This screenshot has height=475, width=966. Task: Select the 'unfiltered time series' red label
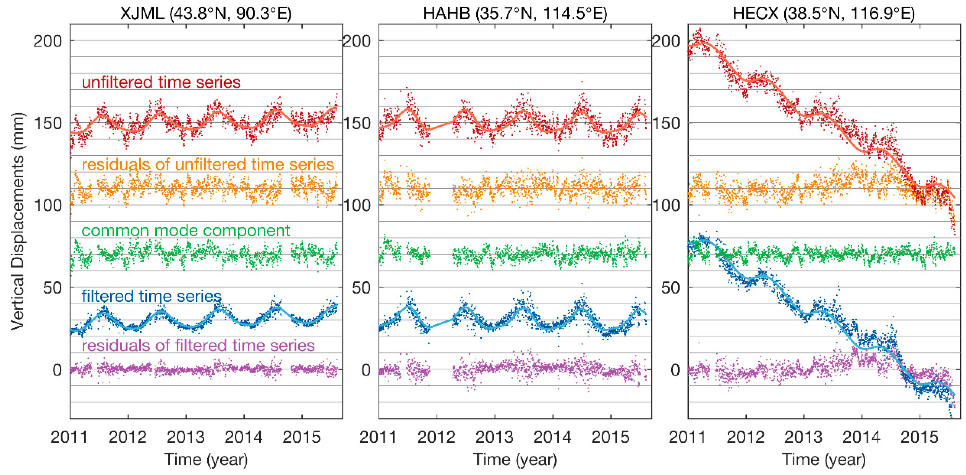(x=161, y=82)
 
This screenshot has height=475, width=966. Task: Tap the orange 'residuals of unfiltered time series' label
(x=208, y=164)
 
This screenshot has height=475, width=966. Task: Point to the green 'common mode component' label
(x=186, y=230)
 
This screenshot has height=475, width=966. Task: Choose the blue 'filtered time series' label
(x=151, y=296)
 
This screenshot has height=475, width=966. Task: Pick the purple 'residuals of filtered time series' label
(x=198, y=345)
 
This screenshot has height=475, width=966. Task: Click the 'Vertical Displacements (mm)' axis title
(x=17, y=221)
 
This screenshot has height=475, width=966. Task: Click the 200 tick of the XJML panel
(x=48, y=41)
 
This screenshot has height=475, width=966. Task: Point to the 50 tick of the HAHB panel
(x=361, y=288)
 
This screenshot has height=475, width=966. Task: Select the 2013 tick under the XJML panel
(x=186, y=437)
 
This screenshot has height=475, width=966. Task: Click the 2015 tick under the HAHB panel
(x=611, y=437)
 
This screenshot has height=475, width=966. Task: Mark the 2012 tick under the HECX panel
(x=745, y=437)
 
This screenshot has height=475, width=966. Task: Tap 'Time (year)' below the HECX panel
(x=824, y=459)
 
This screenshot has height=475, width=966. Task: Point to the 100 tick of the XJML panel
(x=48, y=205)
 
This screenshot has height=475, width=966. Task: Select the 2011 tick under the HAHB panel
(x=378, y=437)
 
